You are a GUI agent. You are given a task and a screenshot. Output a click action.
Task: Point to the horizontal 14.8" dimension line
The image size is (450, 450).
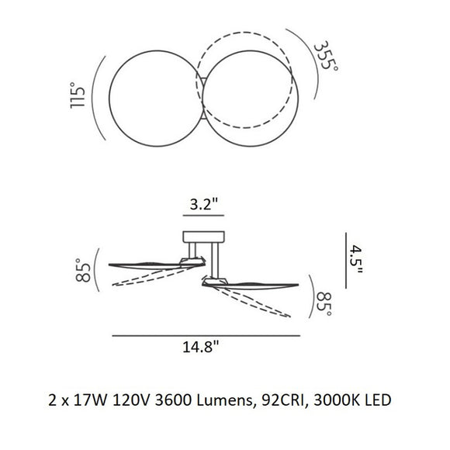206,335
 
